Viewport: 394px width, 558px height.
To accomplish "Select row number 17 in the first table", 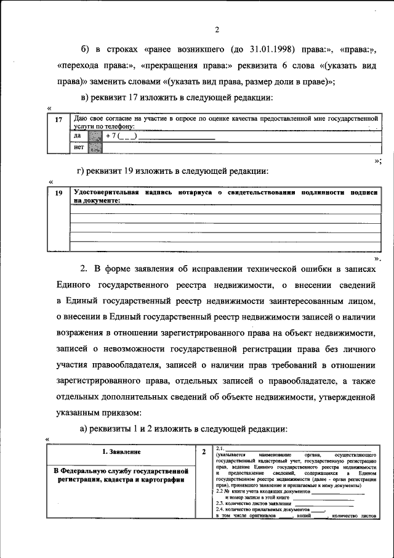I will [58, 120].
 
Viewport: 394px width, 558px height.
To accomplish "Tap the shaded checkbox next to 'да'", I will [94, 136].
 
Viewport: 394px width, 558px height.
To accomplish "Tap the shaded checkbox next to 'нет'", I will [94, 147].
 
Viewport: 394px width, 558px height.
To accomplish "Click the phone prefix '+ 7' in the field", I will [111, 136].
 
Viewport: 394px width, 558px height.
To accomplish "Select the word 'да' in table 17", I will [77, 136].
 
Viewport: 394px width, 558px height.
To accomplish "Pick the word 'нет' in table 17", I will [78, 147].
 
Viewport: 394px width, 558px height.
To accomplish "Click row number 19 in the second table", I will [58, 194].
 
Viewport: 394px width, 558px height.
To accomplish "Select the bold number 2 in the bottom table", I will [203, 452].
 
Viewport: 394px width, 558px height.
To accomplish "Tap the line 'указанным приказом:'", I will [98, 411].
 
